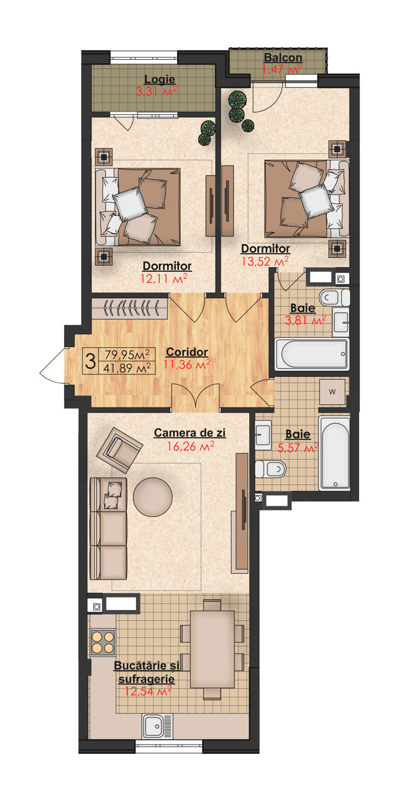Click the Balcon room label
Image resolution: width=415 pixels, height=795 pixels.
coord(283,58)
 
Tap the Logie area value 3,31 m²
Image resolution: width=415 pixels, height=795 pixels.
coord(157,91)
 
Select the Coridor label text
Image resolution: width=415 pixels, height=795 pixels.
coord(187,352)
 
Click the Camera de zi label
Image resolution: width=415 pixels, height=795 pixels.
coord(189,433)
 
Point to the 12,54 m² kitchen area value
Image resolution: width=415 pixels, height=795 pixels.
coord(148,691)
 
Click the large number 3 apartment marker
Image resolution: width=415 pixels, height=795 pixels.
coord(91,361)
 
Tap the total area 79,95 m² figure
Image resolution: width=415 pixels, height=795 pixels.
coord(127,354)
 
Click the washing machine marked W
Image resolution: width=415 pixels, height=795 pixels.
coord(332,392)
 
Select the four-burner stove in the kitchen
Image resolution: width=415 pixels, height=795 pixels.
coord(103,642)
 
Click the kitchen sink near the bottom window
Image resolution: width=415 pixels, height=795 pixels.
coord(158,725)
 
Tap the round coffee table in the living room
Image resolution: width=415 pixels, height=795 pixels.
coord(153,497)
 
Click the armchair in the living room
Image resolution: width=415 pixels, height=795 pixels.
coord(119,450)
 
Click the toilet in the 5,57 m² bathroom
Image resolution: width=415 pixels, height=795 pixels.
coord(270,469)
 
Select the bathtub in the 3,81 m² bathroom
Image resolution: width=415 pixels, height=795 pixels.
coord(312,354)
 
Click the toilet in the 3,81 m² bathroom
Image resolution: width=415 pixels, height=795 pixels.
coord(334,298)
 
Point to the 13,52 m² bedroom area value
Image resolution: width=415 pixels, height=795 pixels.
coord(265,262)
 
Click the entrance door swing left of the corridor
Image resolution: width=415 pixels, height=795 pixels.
coord(53,366)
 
